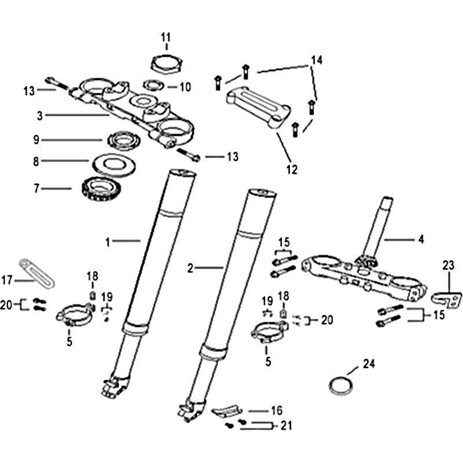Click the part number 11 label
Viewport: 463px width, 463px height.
tap(166, 38)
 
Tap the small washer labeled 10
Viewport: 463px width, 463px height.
tap(153, 86)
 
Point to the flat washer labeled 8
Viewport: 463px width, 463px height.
tap(114, 165)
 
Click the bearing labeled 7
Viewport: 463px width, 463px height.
tap(101, 189)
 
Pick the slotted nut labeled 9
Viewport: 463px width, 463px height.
tap(123, 141)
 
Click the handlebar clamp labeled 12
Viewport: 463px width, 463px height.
tap(258, 107)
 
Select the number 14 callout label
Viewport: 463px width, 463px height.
tap(317, 60)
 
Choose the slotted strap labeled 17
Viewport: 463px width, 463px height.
tap(37, 273)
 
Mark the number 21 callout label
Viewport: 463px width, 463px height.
tap(286, 425)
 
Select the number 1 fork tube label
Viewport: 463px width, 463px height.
tap(108, 242)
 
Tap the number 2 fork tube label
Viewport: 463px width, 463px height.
tap(190, 268)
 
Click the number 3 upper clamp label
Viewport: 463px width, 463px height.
tap(39, 116)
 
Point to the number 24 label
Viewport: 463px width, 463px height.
tap(369, 364)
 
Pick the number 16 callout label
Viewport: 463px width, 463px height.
tap(277, 410)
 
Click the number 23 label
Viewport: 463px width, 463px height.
tap(448, 266)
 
